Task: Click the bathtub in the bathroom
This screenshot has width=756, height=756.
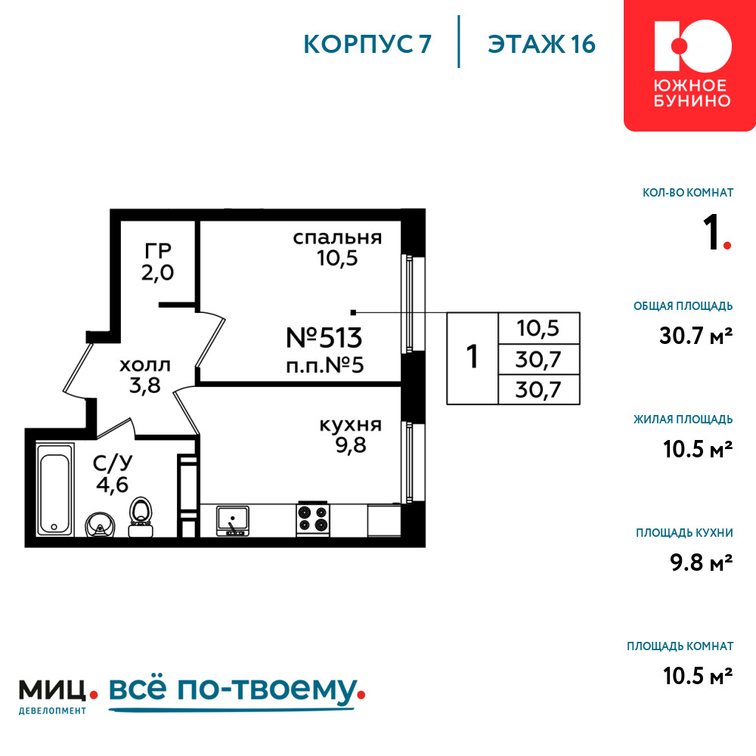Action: (55, 490)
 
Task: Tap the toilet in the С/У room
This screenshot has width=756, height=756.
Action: (141, 517)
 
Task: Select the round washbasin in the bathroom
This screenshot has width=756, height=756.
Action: (101, 525)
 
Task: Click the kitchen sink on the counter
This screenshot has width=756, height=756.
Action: (233, 521)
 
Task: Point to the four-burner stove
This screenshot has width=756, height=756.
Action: (313, 519)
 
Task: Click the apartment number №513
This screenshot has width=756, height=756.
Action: (324, 337)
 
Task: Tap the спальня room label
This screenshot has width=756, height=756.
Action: (337, 237)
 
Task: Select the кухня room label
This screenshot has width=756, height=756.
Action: (351, 425)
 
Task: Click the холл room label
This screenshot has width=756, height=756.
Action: (144, 365)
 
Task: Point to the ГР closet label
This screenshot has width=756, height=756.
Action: (158, 251)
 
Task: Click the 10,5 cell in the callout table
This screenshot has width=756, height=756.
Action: (538, 328)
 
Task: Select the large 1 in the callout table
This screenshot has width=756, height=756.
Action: (472, 357)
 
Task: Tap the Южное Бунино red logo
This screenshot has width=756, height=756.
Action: (690, 65)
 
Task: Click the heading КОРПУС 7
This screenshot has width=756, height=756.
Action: (367, 45)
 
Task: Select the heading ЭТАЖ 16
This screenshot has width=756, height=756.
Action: (541, 45)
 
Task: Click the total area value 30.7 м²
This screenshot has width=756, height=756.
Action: (696, 336)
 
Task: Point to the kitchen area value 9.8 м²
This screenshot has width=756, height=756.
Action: (701, 562)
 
